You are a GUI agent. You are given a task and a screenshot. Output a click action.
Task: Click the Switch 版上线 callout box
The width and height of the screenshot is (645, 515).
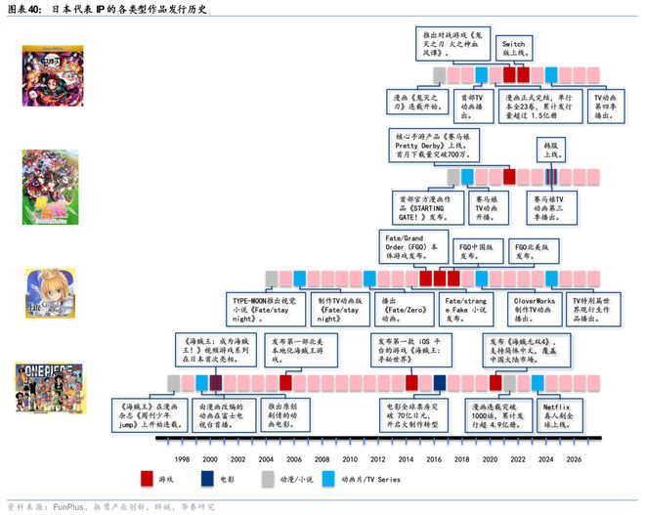(513, 50)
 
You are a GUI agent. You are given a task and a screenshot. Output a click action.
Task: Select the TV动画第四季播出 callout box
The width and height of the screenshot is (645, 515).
(607, 107)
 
